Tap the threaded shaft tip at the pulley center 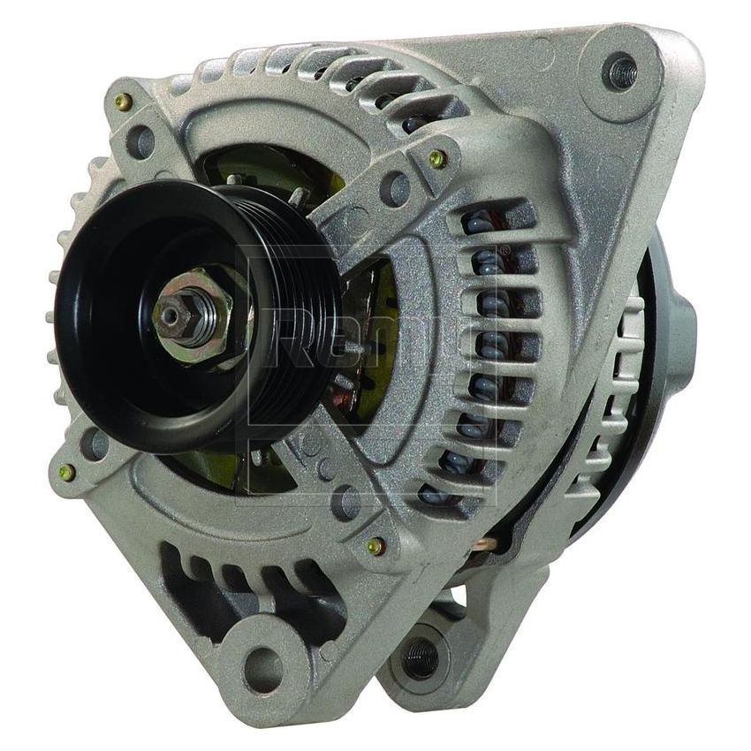169,313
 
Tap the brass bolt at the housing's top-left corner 125,102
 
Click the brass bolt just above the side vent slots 436,159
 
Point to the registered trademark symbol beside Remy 504,253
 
